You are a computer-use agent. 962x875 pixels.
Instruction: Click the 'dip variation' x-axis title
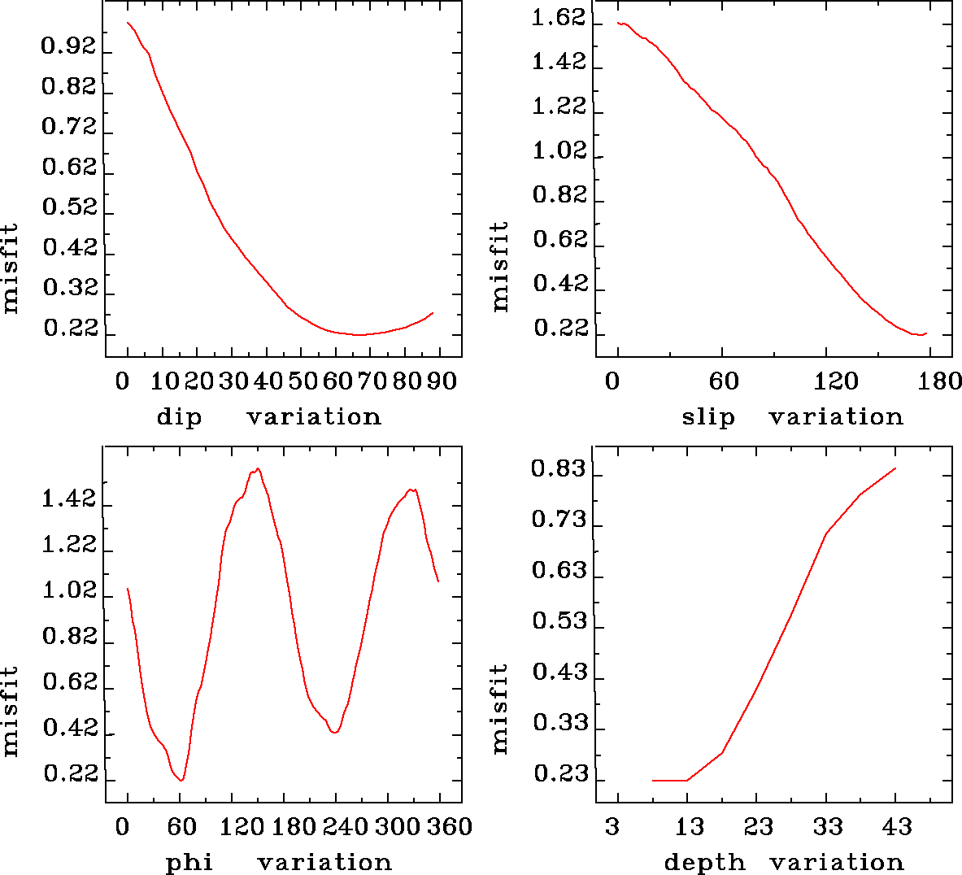pos(268,417)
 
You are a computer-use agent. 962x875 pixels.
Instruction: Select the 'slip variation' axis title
pos(792,417)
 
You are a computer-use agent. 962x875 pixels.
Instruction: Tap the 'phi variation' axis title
pos(278,862)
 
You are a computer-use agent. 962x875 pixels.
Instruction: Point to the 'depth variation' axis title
pos(784,862)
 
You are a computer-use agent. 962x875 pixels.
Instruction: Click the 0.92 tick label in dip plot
pos(68,47)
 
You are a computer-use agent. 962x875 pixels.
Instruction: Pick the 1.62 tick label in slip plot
pos(559,18)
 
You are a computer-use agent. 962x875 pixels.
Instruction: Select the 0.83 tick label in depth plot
pos(559,469)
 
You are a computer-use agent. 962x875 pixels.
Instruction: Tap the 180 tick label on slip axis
pos(943,382)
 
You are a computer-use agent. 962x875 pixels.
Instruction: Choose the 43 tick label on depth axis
pos(897,828)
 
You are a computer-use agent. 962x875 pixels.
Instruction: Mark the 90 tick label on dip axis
pos(442,382)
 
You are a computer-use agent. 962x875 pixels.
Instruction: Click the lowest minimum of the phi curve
pos(181,781)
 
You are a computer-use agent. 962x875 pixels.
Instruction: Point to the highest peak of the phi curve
pos(258,468)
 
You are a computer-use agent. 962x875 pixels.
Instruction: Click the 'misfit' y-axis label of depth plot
pos(500,707)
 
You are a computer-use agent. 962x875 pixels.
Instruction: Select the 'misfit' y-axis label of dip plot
pos(10,268)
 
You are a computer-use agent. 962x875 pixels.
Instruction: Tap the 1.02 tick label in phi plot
pos(68,591)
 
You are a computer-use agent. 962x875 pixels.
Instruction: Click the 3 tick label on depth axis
pos(612,828)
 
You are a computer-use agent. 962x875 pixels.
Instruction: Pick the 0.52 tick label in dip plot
pos(68,207)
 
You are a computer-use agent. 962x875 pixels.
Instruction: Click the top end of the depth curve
pos(895,468)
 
